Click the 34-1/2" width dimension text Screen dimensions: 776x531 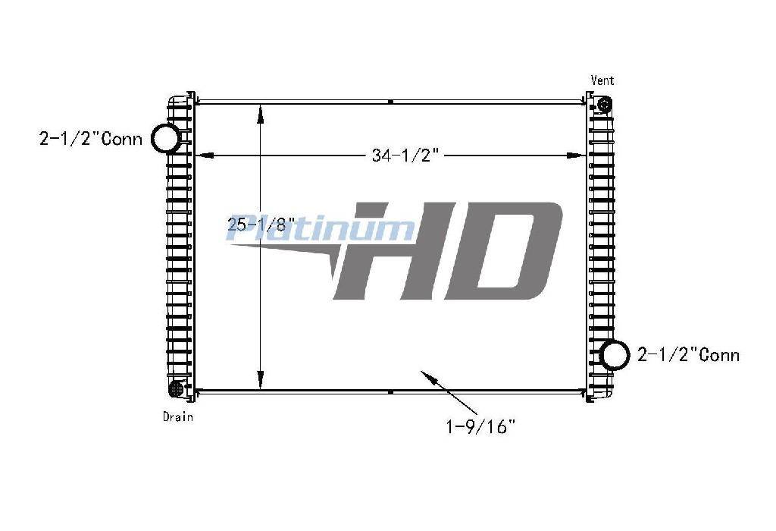coord(405,156)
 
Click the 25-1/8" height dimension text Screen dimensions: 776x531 coord(261,225)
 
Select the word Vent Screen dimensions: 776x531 coord(602,80)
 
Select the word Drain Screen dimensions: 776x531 coord(177,416)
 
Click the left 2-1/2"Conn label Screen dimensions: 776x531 coord(91,139)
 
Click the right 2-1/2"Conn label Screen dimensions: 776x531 coord(688,355)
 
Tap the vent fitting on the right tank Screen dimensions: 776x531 coord(605,105)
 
